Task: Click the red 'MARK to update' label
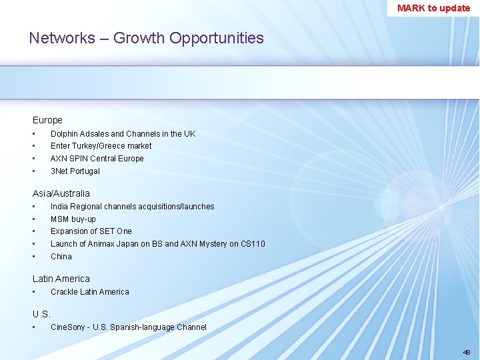pos(433,8)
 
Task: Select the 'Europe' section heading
pos(47,120)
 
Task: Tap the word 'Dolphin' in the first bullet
pos(65,133)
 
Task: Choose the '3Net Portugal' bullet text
pos(75,171)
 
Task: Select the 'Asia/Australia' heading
pos(61,193)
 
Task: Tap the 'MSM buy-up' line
pos(73,219)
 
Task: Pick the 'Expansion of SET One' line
pos(91,231)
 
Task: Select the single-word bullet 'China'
pos(61,256)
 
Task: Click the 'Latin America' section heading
pos(61,279)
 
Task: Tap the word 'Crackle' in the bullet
pos(64,291)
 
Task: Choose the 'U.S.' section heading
pos(41,314)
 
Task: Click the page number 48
pos(465,351)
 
